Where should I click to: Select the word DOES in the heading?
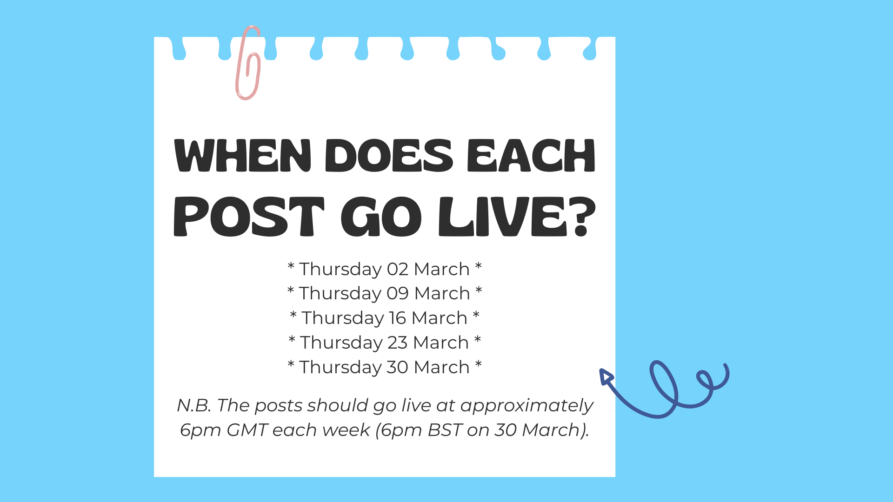click(x=389, y=155)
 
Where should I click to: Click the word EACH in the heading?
click(x=531, y=155)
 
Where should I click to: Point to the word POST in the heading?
click(x=249, y=217)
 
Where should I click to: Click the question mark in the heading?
click(x=583, y=217)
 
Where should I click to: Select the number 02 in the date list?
click(x=398, y=269)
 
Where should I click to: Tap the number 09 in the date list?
click(x=398, y=293)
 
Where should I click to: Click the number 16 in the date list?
click(x=398, y=318)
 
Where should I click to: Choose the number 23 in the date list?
click(x=398, y=343)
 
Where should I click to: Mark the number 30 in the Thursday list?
click(x=398, y=367)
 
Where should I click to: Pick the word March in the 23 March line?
click(x=441, y=343)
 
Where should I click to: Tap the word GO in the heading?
click(x=381, y=217)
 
